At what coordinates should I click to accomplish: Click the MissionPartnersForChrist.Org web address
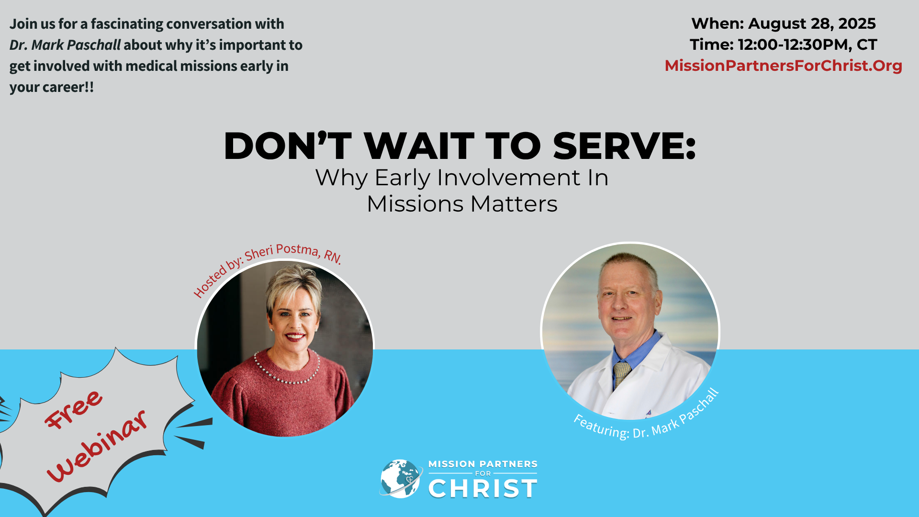[783, 66]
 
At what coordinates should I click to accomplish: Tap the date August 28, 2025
[812, 23]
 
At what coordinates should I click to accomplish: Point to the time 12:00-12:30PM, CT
[807, 45]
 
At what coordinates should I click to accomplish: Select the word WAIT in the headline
[419, 146]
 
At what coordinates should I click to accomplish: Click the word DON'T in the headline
[287, 146]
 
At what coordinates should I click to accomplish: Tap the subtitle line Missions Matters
[462, 204]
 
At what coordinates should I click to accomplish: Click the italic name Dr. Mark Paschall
[65, 45]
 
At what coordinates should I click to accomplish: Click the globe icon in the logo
[401, 479]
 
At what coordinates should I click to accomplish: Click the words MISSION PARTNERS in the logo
[482, 464]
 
